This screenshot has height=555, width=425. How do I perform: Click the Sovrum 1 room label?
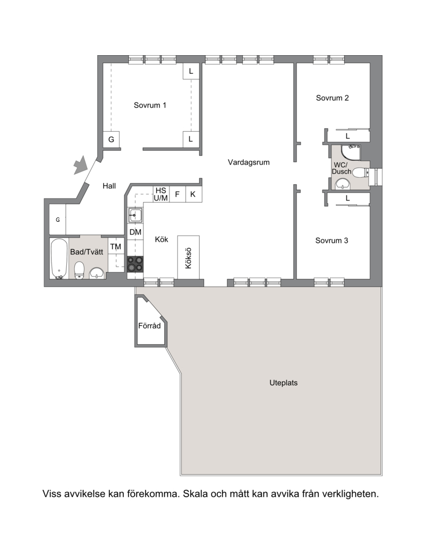(x=150, y=105)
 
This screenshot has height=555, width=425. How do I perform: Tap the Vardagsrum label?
(x=249, y=162)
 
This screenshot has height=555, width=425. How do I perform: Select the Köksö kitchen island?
(x=189, y=257)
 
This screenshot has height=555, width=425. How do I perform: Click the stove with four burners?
(x=135, y=264)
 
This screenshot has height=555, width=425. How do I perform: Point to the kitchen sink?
(x=135, y=215)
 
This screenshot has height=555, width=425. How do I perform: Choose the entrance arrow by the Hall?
(x=80, y=165)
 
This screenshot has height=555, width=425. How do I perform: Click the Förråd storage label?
(x=149, y=326)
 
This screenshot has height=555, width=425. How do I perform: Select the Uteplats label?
(x=284, y=383)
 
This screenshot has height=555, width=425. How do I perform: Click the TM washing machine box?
(x=116, y=247)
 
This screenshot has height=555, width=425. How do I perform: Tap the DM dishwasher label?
(x=135, y=232)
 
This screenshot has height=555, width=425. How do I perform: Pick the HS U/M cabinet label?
(x=160, y=194)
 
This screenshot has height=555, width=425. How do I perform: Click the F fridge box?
(x=177, y=194)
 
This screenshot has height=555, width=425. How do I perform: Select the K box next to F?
(x=193, y=194)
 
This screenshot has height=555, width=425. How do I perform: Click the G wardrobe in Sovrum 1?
(x=111, y=140)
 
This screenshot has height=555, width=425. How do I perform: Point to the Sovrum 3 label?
(x=332, y=241)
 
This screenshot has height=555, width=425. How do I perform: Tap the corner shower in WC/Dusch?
(x=351, y=152)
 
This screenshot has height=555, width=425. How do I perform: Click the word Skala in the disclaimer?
(x=195, y=494)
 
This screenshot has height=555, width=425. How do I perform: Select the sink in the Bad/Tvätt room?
(x=96, y=274)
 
